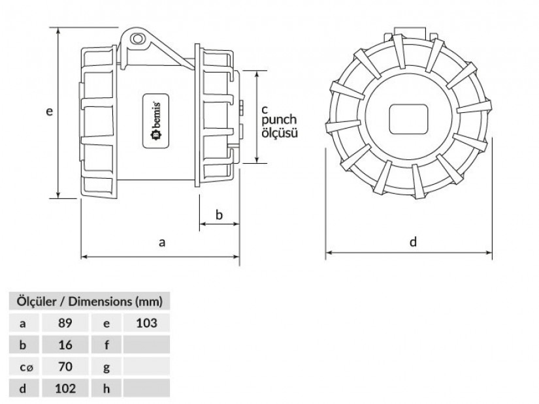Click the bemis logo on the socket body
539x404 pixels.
(x=155, y=121)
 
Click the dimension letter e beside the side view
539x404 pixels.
(x=50, y=112)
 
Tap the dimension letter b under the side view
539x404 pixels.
(x=219, y=215)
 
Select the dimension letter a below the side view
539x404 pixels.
(x=162, y=243)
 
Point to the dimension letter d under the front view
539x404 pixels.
(x=413, y=242)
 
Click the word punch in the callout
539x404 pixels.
(x=279, y=120)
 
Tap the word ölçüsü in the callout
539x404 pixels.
(x=280, y=133)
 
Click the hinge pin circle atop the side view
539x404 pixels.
(x=137, y=39)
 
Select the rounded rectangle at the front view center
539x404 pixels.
(x=408, y=119)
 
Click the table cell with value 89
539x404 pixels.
(x=65, y=323)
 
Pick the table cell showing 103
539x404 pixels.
(x=146, y=323)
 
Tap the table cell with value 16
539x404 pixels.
(x=65, y=345)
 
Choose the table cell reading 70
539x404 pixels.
(x=65, y=367)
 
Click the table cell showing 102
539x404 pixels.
(x=65, y=388)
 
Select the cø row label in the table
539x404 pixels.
(x=27, y=367)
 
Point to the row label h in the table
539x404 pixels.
(x=106, y=388)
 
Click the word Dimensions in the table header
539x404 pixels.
(x=100, y=302)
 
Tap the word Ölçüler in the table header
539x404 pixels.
(x=37, y=302)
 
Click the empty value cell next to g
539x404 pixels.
(x=146, y=367)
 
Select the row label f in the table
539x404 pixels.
(x=106, y=345)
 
